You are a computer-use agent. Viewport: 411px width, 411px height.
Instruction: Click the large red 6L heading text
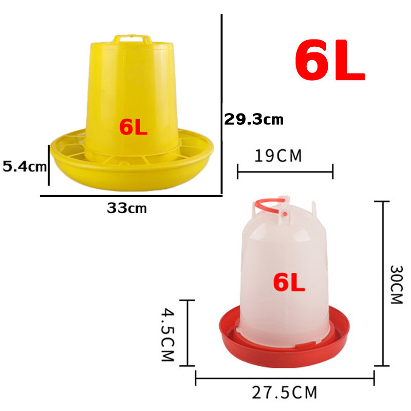coord(330,60)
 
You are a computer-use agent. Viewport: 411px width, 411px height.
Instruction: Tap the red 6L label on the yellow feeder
coord(133,127)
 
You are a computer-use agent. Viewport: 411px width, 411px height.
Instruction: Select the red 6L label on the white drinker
coord(289,282)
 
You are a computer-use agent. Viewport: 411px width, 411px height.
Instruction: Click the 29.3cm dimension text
coord(254,120)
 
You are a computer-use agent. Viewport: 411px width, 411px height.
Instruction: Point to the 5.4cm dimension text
coord(24,166)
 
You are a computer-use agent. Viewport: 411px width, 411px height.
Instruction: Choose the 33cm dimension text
coord(126,209)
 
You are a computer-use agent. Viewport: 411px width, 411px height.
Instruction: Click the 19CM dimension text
coord(278,156)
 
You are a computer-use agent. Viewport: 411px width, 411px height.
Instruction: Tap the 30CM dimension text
coord(396,285)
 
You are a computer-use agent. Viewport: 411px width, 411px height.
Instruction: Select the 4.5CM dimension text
coord(168,334)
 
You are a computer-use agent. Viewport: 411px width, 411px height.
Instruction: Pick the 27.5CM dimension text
coord(285,393)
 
